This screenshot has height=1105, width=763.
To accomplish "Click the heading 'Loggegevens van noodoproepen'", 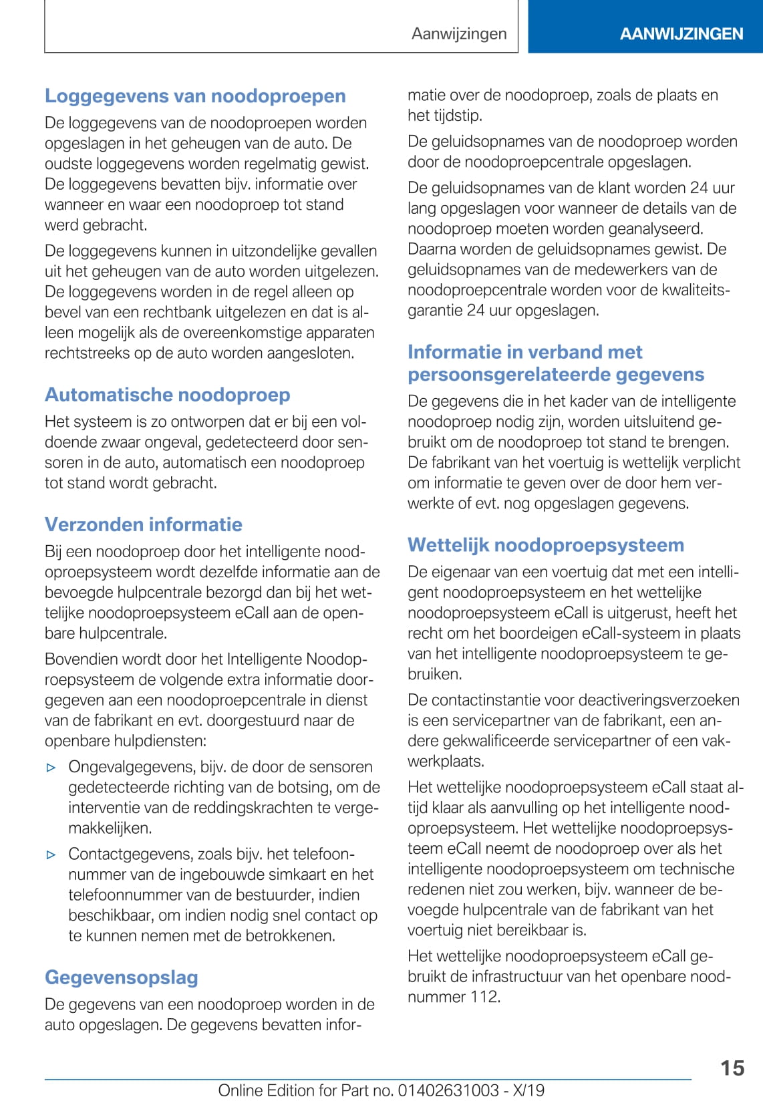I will (195, 96).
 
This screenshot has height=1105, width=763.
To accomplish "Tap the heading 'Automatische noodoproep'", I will (167, 395).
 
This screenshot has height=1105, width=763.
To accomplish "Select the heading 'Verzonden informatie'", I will (143, 524).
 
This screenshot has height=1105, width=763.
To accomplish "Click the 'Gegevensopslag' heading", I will (121, 977).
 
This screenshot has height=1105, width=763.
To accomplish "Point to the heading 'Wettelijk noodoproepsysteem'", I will (545, 545).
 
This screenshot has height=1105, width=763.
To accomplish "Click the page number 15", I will (732, 1068).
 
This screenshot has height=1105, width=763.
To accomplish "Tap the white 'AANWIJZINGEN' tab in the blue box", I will (681, 34).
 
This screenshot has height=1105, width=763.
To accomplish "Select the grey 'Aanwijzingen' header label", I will (459, 33).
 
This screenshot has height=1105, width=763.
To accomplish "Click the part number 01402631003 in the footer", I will (448, 1090).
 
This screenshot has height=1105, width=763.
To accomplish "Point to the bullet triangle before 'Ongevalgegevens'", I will (51, 768).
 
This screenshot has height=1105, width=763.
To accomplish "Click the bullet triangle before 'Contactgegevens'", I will (51, 854).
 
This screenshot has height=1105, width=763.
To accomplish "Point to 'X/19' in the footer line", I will (528, 1090).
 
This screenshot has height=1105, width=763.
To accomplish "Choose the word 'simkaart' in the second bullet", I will (318, 875).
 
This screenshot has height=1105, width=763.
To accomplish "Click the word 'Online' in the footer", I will (240, 1090).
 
